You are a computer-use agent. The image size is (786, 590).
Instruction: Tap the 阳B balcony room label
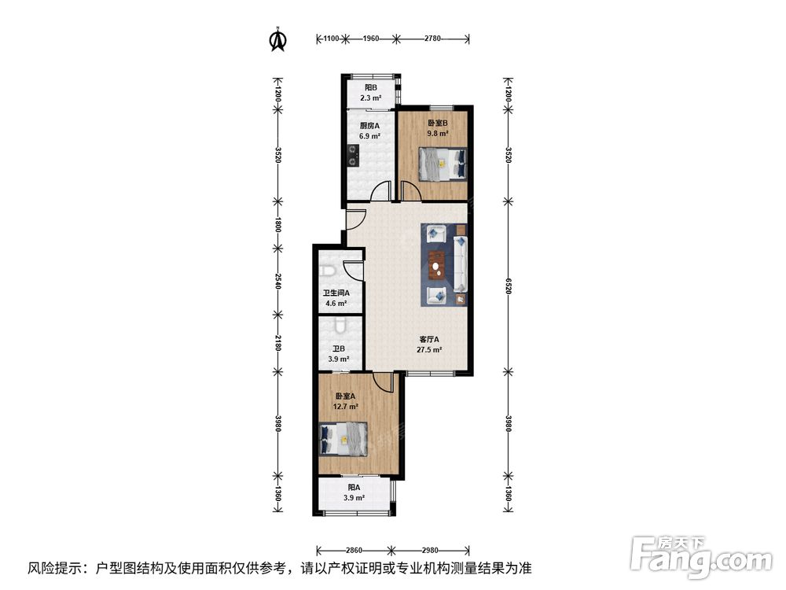tap(371, 87)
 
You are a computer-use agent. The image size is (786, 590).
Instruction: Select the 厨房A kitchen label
tap(370, 126)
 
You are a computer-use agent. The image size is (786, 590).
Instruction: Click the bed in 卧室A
tap(344, 439)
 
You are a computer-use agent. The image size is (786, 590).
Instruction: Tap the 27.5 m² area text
tap(429, 350)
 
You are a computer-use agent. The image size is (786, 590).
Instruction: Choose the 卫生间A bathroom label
tap(336, 293)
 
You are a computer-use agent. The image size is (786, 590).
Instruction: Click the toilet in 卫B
tap(340, 326)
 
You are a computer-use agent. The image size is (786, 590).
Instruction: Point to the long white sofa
tap(460, 264)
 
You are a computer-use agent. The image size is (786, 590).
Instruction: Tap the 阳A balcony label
tap(354, 487)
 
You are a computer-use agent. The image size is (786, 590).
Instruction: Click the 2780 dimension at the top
tap(432, 38)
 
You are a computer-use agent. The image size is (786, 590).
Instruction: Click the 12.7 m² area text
tap(345, 407)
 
